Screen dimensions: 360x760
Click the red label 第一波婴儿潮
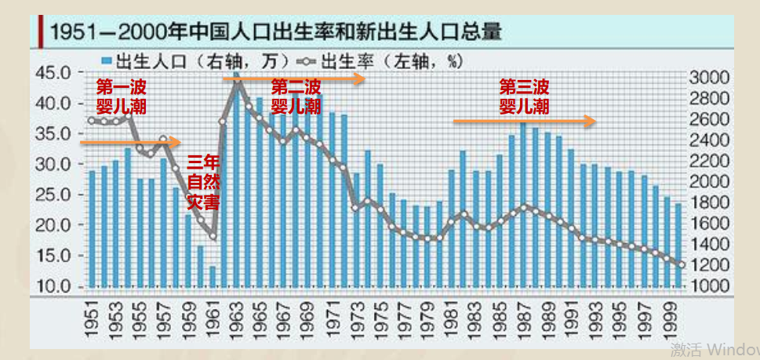[x=121, y=95]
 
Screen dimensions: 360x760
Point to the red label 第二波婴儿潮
[x=296, y=95]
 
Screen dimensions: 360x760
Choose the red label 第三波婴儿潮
[x=524, y=95]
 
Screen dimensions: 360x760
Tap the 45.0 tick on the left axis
[x=55, y=73]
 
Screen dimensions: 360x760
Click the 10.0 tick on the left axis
[x=55, y=286]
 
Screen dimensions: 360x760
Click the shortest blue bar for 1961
[x=213, y=276]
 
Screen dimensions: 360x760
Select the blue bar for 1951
[x=92, y=228]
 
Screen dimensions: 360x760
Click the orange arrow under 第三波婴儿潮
[x=524, y=121]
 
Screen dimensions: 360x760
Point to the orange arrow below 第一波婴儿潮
[x=130, y=143]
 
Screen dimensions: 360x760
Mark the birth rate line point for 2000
[x=681, y=265]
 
